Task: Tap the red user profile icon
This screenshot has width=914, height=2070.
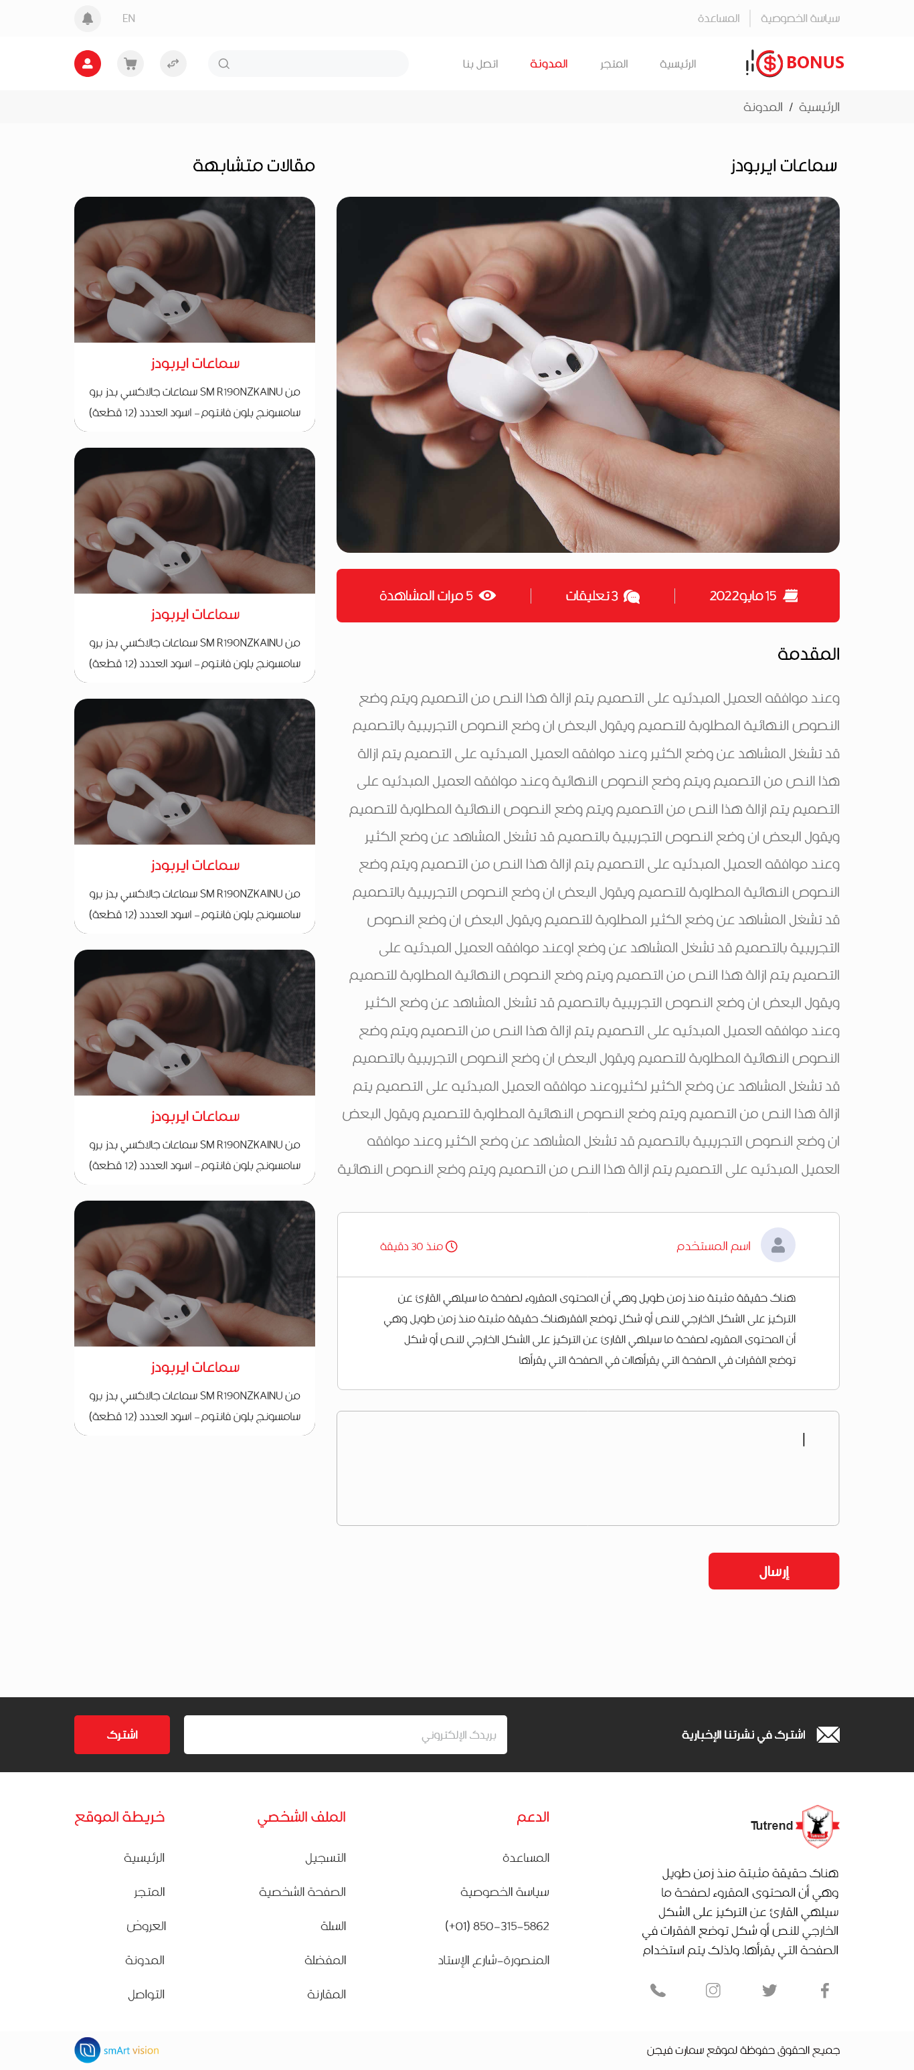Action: click(88, 64)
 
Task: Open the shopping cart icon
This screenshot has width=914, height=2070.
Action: click(130, 64)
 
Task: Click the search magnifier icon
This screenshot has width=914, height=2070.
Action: click(224, 64)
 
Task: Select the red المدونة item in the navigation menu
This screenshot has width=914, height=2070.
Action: click(549, 64)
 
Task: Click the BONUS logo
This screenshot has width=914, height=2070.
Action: click(795, 63)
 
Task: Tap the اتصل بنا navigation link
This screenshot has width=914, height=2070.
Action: click(480, 64)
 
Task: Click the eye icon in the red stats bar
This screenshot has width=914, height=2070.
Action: click(488, 596)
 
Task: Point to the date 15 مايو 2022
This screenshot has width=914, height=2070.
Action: click(743, 596)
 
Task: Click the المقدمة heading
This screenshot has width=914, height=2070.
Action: click(808, 654)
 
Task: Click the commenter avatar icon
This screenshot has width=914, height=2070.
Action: click(778, 1245)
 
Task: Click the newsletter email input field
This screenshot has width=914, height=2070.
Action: click(345, 1735)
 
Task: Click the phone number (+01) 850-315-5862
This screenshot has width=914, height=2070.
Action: click(497, 1926)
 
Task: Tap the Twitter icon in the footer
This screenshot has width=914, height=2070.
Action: click(769, 1990)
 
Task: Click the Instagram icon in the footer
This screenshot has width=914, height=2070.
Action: click(713, 1990)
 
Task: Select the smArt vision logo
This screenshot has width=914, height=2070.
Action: click(116, 2050)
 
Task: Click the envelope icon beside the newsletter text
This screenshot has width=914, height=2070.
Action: click(828, 1735)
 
